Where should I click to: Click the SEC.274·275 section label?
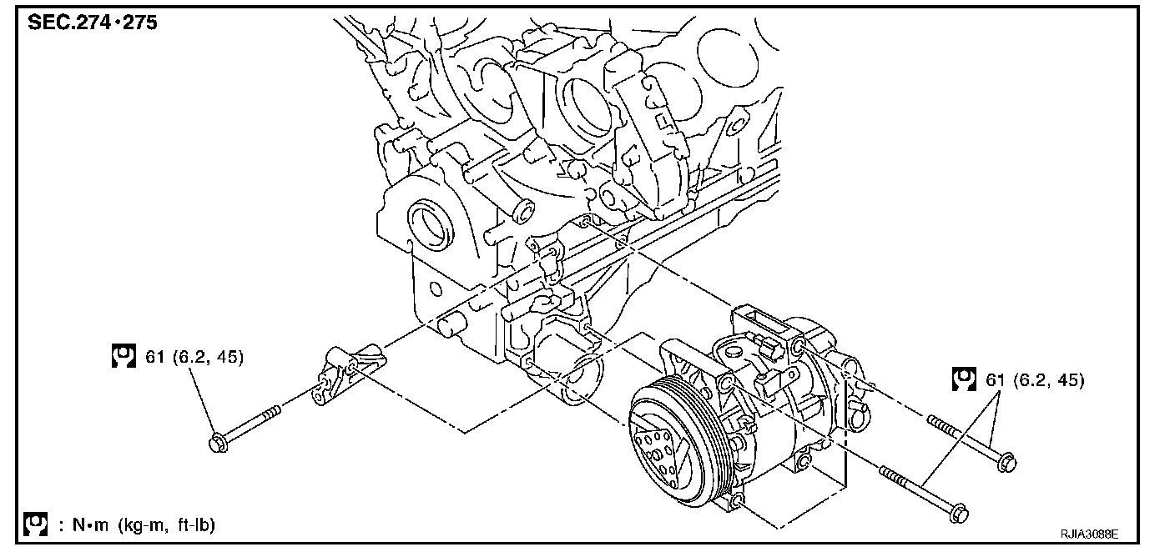[x=93, y=22]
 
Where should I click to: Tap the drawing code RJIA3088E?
[x=1089, y=534]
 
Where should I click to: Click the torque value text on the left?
[x=194, y=357]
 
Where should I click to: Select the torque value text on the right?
[x=1035, y=380]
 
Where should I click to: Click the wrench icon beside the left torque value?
[x=124, y=356]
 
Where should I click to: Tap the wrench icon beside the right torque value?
[x=964, y=379]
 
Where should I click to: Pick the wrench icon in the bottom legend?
[x=36, y=524]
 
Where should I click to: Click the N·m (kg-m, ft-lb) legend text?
[x=138, y=525]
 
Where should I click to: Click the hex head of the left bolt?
[x=218, y=443]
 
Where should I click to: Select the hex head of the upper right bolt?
[x=1006, y=463]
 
